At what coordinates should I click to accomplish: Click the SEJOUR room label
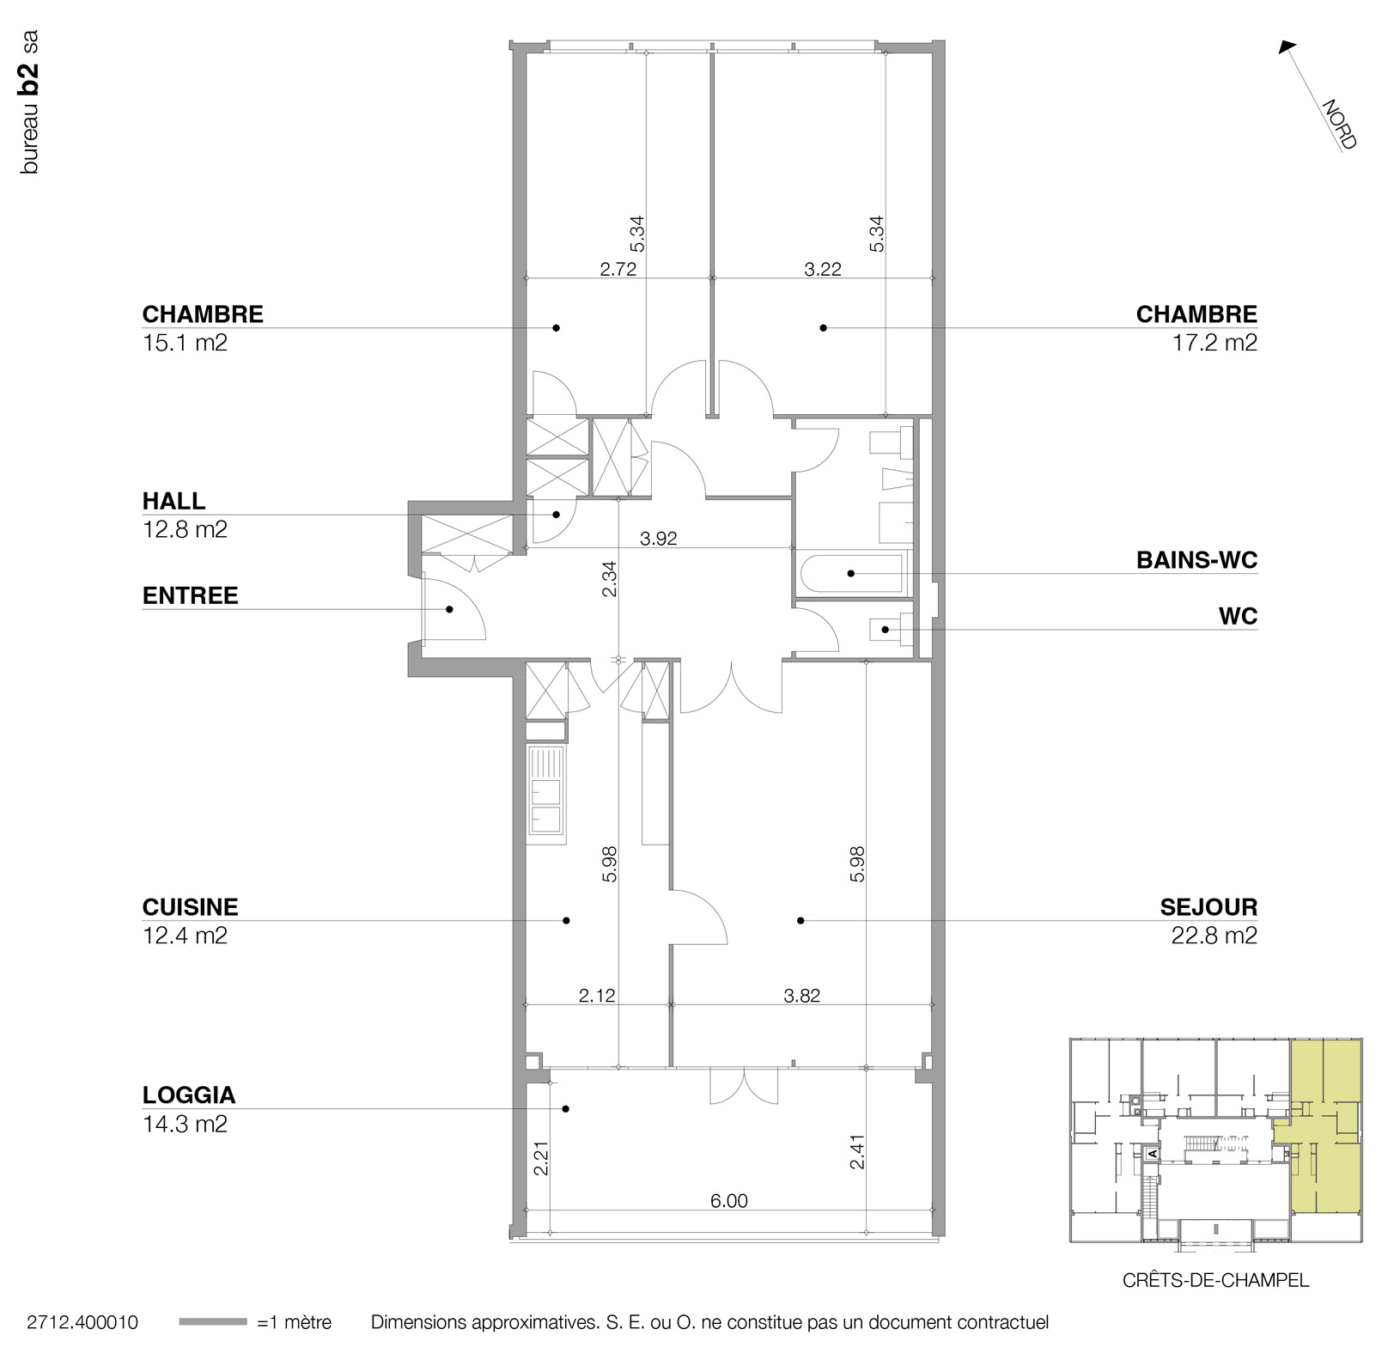pos(1208,907)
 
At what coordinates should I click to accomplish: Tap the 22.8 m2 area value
pos(1214,936)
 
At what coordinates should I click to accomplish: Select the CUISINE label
pos(190,907)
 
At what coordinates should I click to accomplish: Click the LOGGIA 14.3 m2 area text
pos(185,1124)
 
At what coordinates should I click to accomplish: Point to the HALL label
pos(173,501)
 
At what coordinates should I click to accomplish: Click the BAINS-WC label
pos(1196,560)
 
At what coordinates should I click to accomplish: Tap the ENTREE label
pos(190,595)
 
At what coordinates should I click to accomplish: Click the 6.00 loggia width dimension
pos(728,1201)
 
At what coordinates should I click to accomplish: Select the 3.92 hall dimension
pos(659,539)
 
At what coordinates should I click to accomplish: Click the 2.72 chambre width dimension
pos(618,269)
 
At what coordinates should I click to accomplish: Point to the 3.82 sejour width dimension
pos(801,996)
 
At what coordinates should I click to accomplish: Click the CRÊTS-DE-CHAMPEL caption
pos(1215,1280)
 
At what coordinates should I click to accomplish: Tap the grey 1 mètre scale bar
pos(213,1322)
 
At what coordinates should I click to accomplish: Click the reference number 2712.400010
pos(82,1322)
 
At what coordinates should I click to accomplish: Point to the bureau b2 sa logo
pos(29,103)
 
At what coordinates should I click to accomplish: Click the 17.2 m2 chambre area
pos(1214,343)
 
